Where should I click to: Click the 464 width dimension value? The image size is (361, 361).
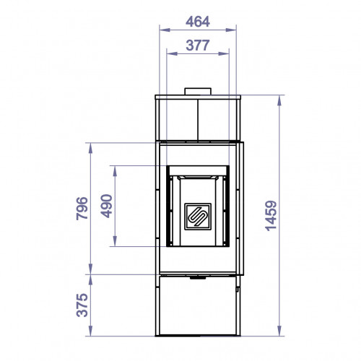pos(198,22)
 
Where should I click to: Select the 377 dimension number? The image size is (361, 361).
pos(198,45)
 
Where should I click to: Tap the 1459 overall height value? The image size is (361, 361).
pos(271,216)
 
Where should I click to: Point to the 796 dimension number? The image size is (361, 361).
pos(82,209)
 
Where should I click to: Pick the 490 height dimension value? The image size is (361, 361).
pos(106,206)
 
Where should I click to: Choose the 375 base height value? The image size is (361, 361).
pos(82,305)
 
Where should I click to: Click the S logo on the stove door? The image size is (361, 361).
pos(198,217)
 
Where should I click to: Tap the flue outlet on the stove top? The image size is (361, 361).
pos(198,92)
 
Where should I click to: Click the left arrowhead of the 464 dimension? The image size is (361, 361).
pos(165,30)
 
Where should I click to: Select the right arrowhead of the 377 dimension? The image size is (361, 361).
pos(224,53)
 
